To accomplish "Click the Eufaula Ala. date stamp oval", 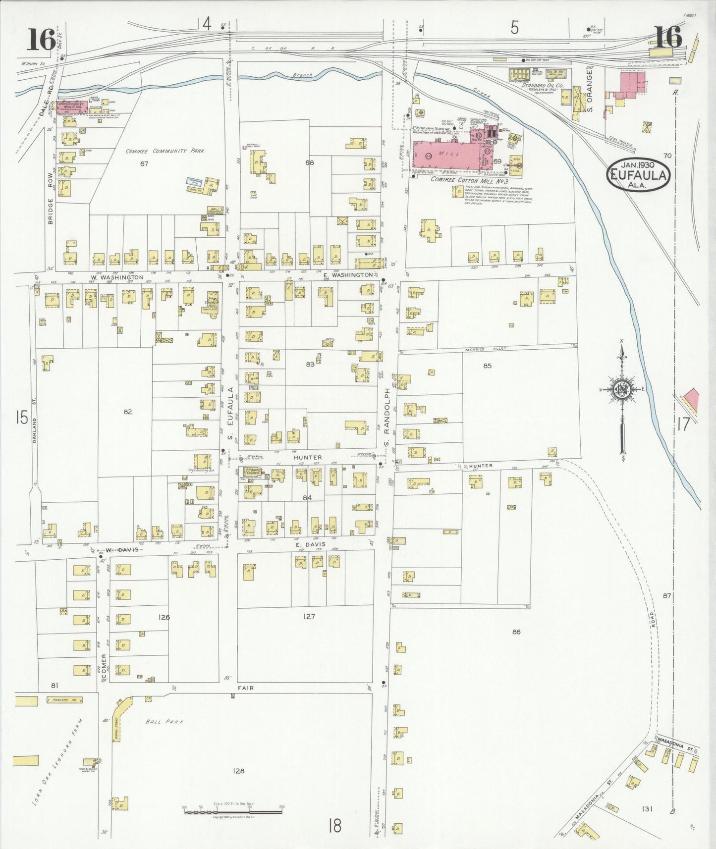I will tap(639, 174).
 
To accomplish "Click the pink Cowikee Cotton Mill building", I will tap(446, 155).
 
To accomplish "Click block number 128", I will tap(238, 771).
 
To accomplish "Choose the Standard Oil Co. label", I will tap(542, 86).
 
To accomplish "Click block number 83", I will tap(310, 364).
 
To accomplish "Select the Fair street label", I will tap(245, 688).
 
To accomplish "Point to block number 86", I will tap(516, 632).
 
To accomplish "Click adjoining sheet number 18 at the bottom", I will tap(335, 826).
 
